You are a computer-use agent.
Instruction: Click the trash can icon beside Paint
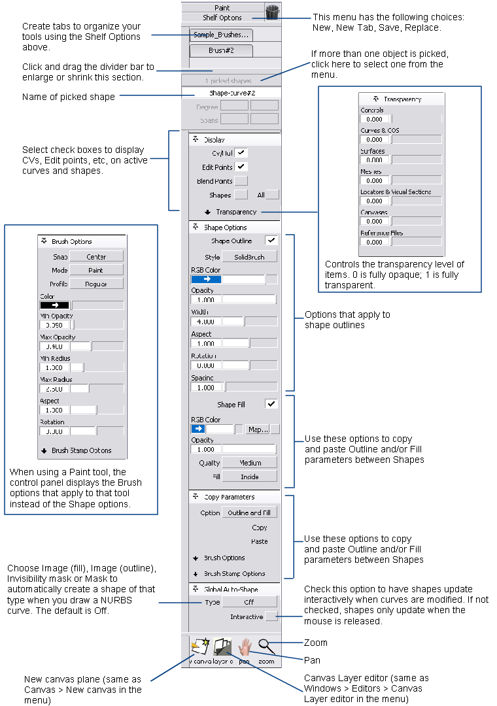pos(272,12)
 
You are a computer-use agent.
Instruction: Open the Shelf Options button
pos(222,18)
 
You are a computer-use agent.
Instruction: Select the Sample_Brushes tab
pos(220,35)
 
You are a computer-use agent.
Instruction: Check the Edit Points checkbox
pos(241,167)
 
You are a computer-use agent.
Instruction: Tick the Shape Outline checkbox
pos(271,241)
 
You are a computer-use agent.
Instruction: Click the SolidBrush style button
pos(250,257)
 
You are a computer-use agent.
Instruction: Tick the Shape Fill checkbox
pos(271,404)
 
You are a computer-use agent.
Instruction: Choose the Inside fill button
pos(250,477)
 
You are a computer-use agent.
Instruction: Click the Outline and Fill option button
pos(249,513)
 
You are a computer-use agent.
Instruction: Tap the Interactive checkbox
pos(271,616)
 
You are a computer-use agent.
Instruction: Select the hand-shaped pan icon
pos(245,647)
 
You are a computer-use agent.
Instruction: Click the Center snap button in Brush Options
pos(96,257)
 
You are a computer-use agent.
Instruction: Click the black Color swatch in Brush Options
pos(54,305)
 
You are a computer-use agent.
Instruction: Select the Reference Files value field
pos(375,242)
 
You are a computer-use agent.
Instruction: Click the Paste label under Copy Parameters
pos(259,541)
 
